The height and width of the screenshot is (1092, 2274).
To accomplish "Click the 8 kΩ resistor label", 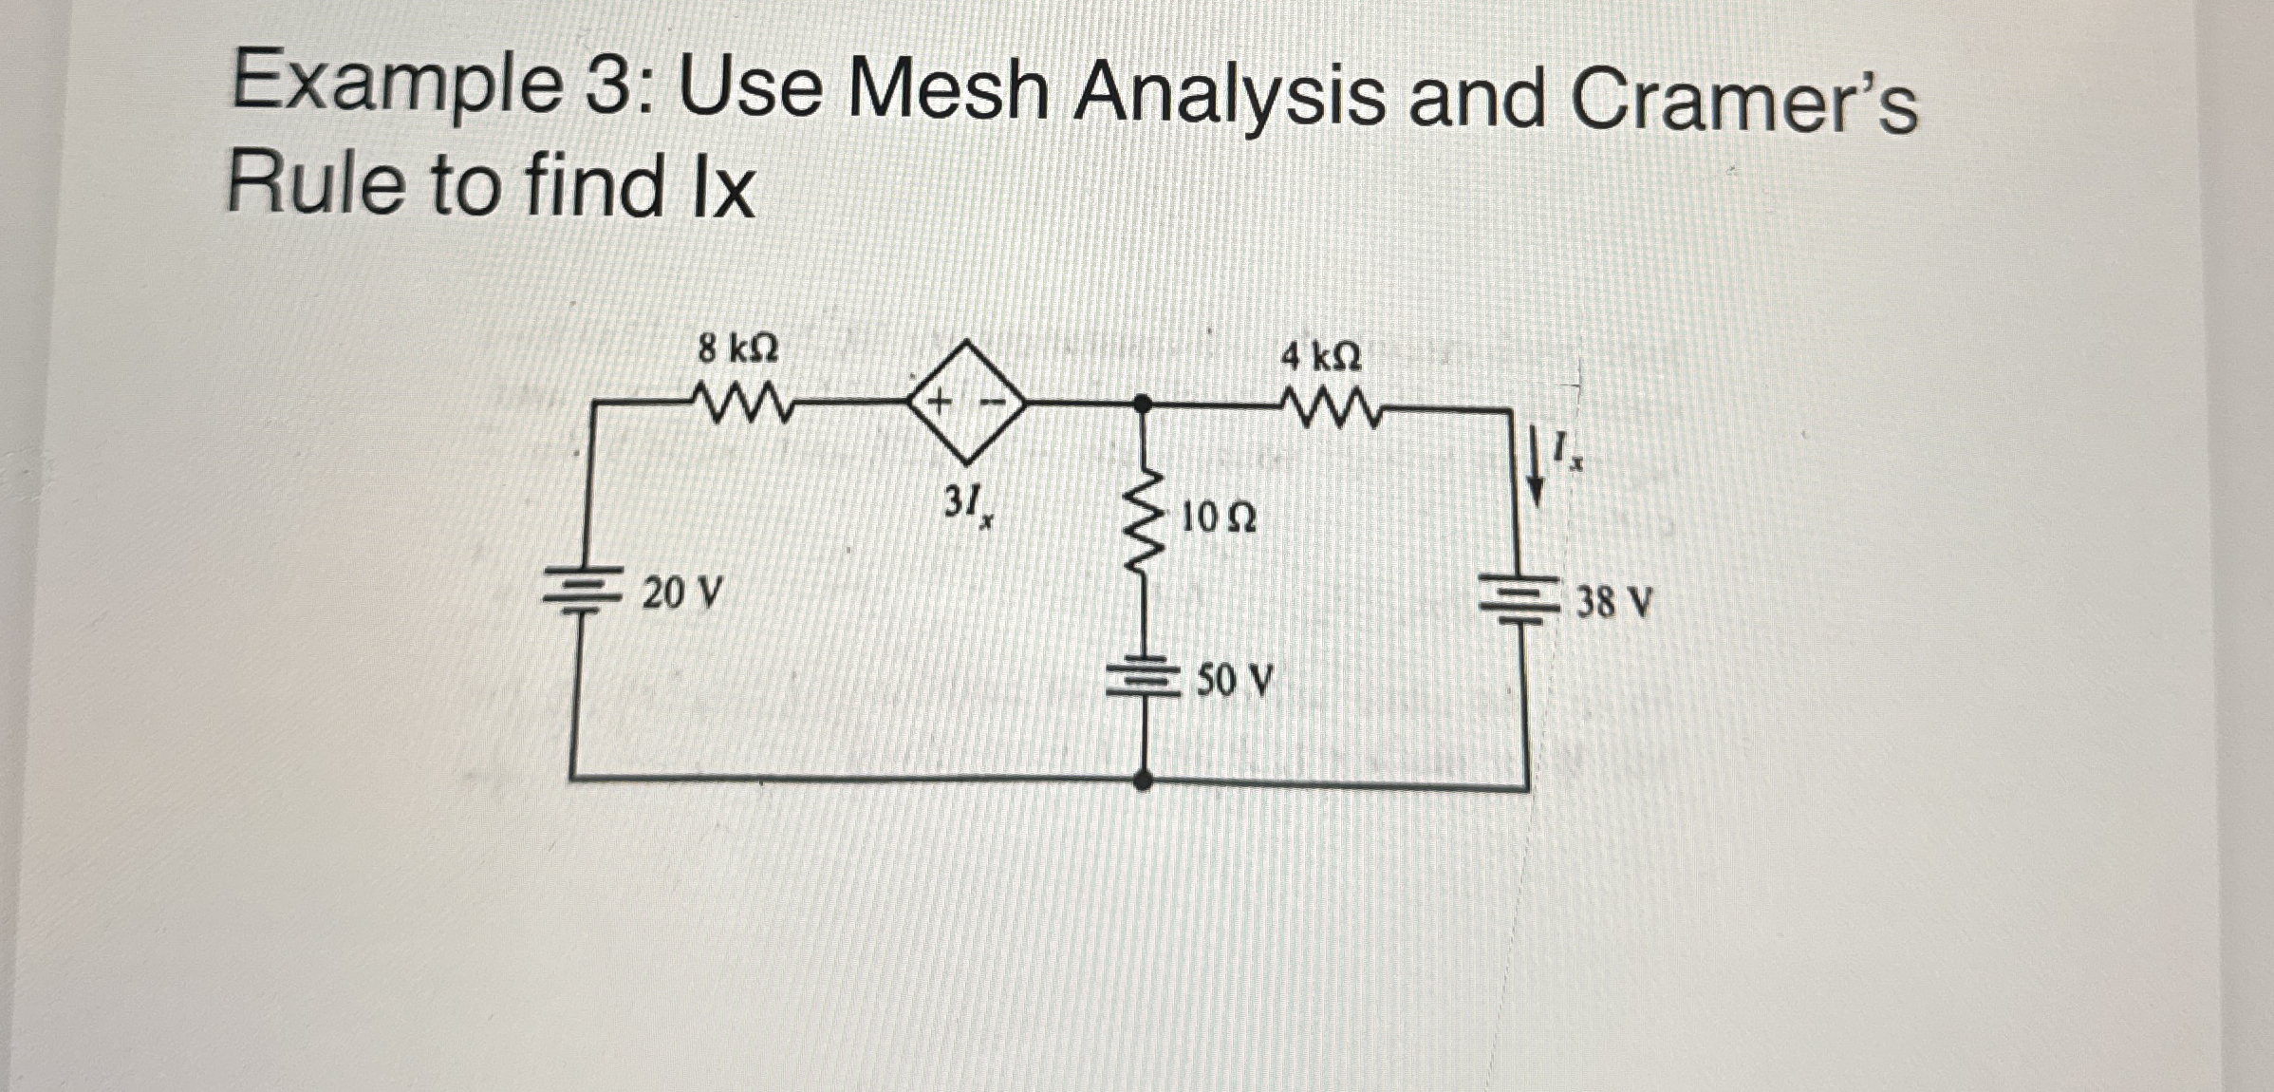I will click(x=737, y=350).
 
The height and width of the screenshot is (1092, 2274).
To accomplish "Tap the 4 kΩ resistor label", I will click(x=1320, y=357).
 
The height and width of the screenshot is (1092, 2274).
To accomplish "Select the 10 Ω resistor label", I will click(x=1219, y=518).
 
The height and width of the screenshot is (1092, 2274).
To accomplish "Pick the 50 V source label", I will click(x=1233, y=680).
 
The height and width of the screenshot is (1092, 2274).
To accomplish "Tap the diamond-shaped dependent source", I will click(x=967, y=404).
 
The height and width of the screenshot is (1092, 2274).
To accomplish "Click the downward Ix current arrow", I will click(x=1534, y=465).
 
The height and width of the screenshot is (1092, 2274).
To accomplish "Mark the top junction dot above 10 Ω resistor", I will click(x=1145, y=404).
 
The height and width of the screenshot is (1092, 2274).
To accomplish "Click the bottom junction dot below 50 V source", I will click(x=1145, y=781).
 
